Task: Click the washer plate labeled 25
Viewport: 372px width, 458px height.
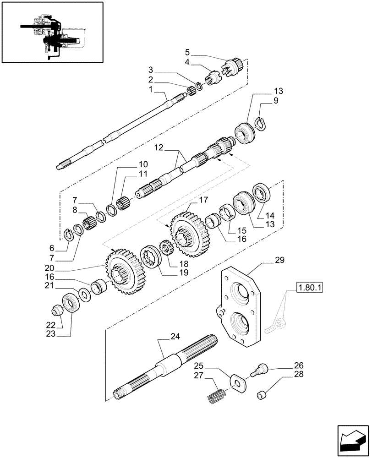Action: pos(237,381)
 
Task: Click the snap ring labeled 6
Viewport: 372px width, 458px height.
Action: pos(67,234)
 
